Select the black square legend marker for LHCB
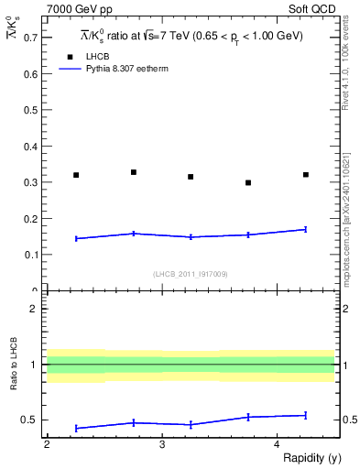tap(67, 57)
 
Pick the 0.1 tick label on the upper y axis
tap(32, 255)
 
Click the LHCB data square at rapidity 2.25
tap(76, 175)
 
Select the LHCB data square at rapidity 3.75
tap(248, 182)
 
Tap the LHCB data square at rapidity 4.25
tap(306, 174)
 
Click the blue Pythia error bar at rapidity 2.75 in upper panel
tap(134, 234)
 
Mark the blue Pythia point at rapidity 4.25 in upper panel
tap(306, 229)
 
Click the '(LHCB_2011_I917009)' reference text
tap(190, 274)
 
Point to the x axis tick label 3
tap(161, 444)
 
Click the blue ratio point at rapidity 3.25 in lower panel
tap(191, 424)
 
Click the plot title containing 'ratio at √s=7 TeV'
tap(191, 36)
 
